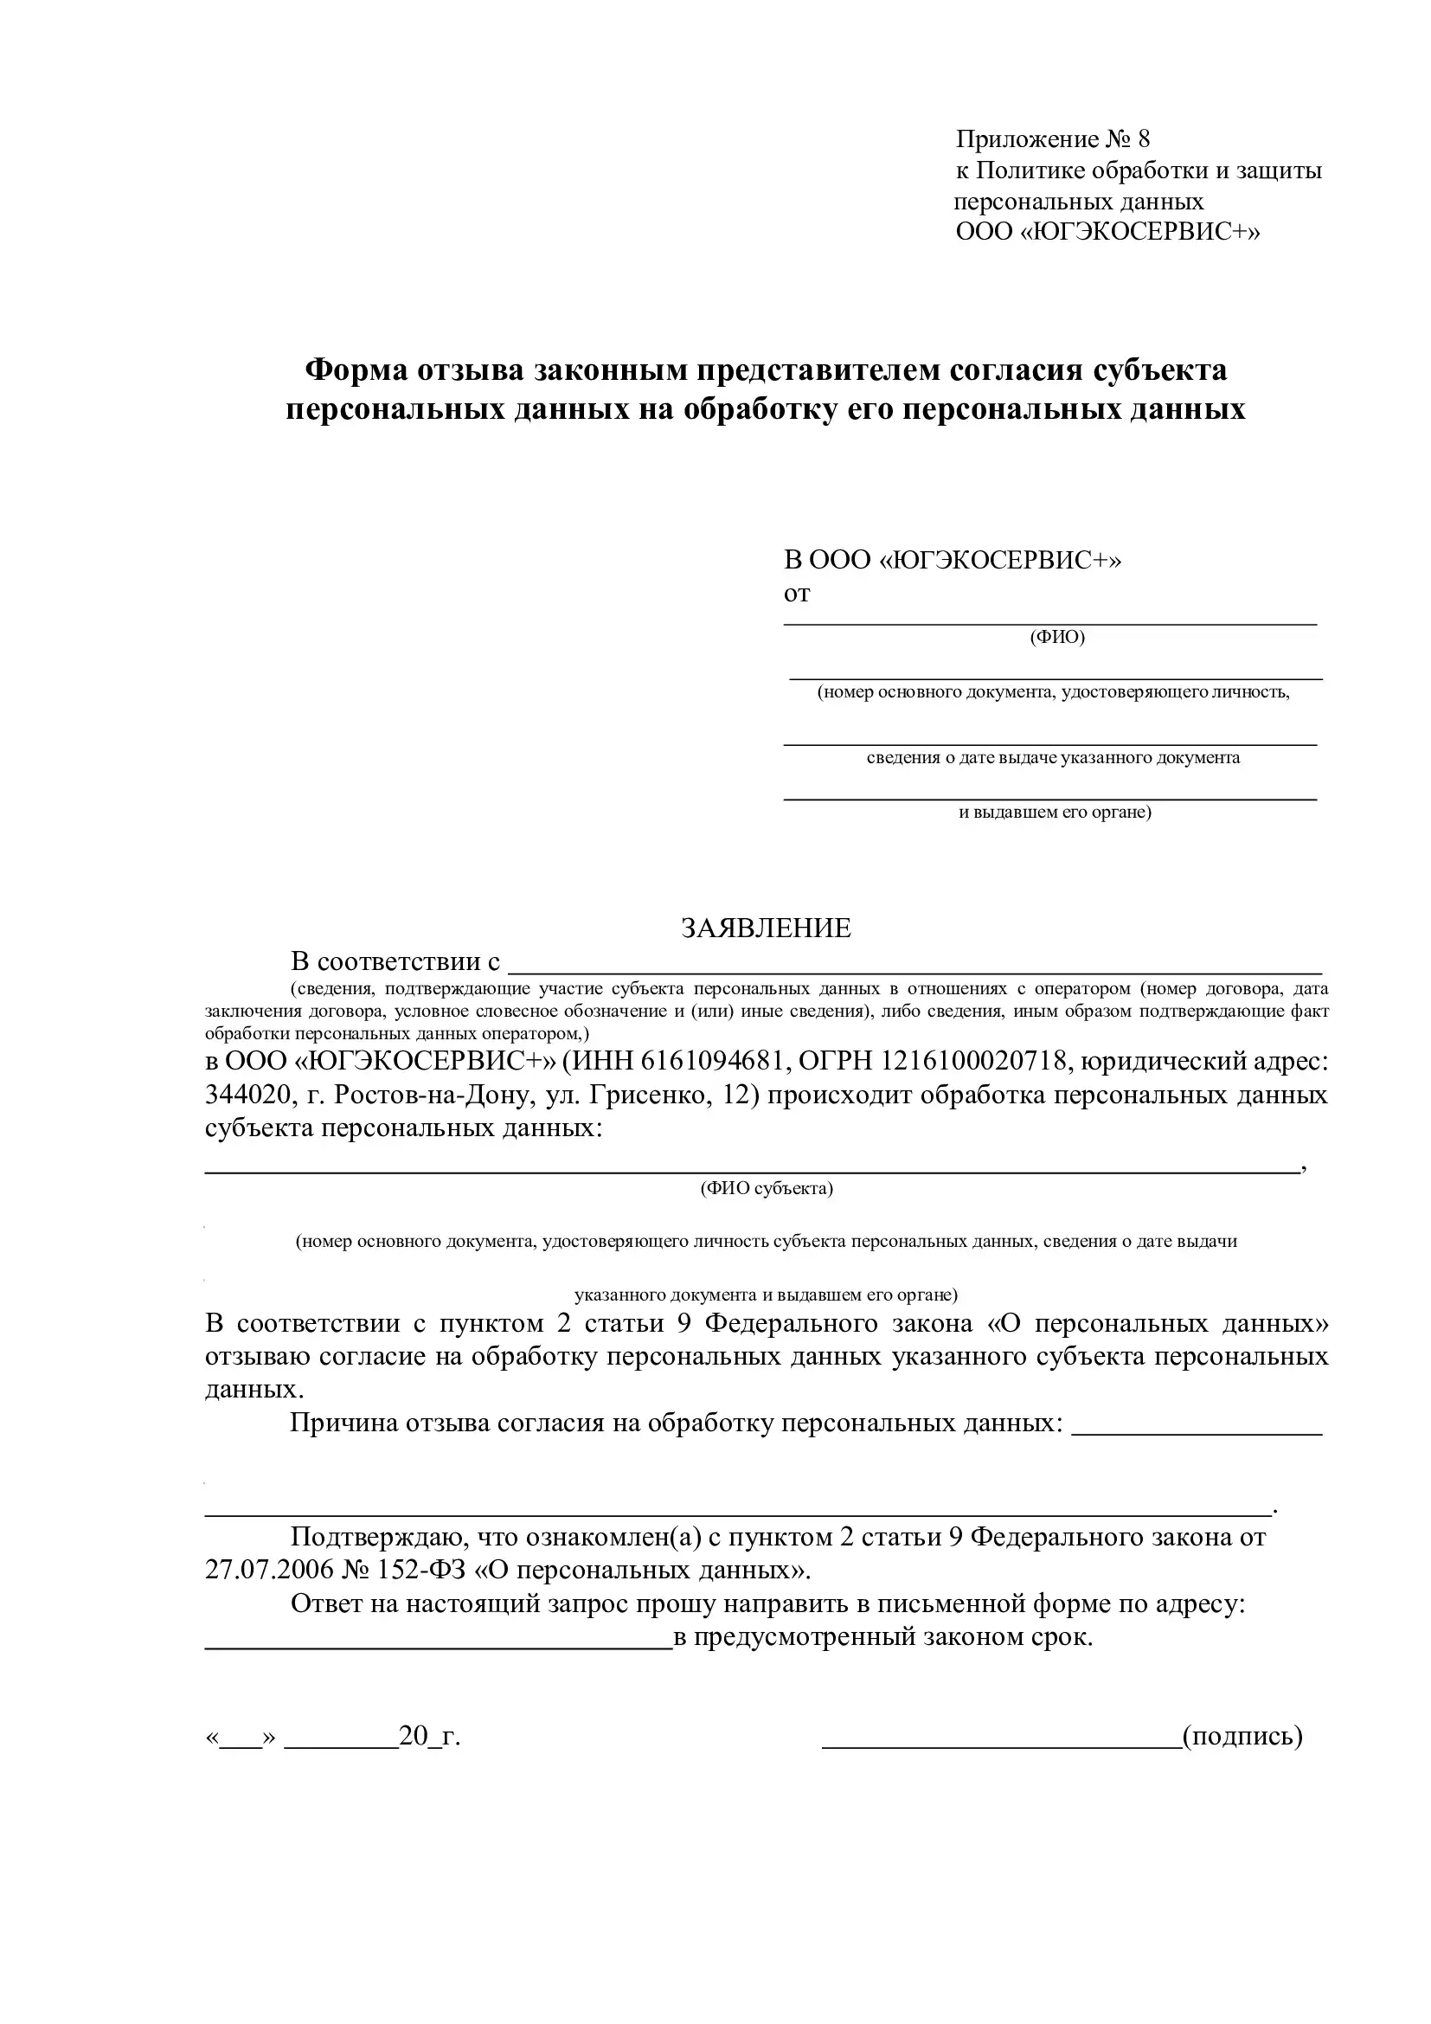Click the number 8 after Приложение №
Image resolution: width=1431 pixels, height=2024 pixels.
(x=1144, y=139)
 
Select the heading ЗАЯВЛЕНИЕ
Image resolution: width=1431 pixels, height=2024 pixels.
(x=766, y=928)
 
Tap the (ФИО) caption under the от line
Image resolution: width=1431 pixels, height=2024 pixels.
(x=1056, y=637)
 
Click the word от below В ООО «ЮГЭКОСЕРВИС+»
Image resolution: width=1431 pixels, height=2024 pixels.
(x=797, y=594)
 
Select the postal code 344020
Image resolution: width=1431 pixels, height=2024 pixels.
(x=246, y=1096)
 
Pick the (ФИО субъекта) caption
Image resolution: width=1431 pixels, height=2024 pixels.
(x=767, y=1188)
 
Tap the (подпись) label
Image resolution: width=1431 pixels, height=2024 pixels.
(x=1242, y=1736)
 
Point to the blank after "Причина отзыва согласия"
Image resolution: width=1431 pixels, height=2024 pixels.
(x=1197, y=1434)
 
